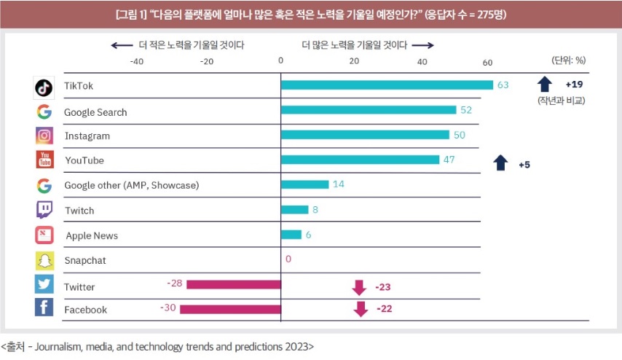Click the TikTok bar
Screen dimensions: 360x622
tap(387, 85)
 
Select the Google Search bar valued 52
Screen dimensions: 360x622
tap(369, 110)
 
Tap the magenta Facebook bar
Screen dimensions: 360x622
tap(230, 310)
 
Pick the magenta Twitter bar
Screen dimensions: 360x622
tap(234, 284)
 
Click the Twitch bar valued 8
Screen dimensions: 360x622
tap(295, 210)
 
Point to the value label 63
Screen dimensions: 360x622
tap(503, 85)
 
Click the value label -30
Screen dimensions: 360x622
tap(168, 308)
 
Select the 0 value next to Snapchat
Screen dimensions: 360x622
tap(288, 259)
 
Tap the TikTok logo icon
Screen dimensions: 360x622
tap(44, 87)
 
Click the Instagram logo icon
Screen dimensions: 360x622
tap(44, 136)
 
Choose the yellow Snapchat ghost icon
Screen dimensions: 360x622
tap(44, 260)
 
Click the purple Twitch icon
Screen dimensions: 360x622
tap(44, 210)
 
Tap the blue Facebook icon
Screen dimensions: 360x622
tap(44, 308)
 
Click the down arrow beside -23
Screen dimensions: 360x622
tap(359, 286)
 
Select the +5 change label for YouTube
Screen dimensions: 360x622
tap(524, 165)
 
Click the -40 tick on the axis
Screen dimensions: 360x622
tap(136, 61)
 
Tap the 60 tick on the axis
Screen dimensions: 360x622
tap(487, 61)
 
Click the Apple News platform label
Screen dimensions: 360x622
tap(92, 236)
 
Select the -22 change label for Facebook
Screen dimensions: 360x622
tap(385, 309)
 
